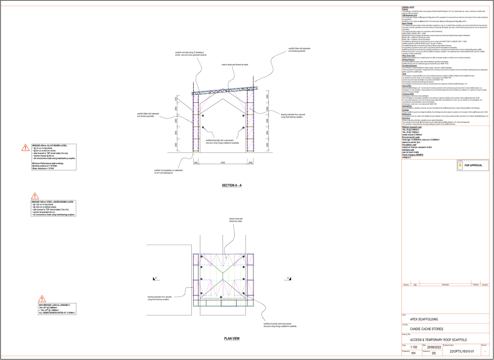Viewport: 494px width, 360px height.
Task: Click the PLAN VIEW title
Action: pos(232,338)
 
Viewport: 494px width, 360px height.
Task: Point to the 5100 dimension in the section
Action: pos(223,163)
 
